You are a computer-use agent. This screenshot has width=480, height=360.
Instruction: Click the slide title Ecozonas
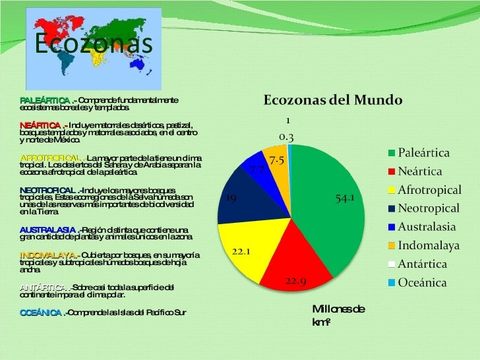pos(92,44)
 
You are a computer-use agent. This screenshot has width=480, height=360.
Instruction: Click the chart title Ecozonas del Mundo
pos(333,101)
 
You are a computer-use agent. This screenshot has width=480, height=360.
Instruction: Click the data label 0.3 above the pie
pos(286,137)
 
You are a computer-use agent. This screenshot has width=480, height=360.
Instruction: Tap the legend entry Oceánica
pos(422,283)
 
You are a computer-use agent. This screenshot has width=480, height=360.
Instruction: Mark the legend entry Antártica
pos(422,264)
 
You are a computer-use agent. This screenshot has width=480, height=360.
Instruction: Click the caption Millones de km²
pos(338,315)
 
